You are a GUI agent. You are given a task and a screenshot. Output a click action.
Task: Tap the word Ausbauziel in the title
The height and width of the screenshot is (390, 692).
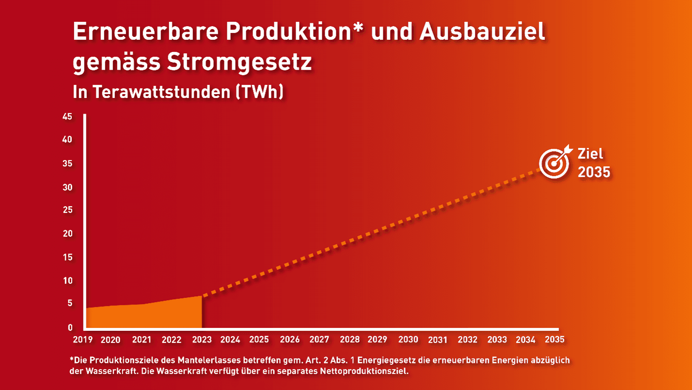483,32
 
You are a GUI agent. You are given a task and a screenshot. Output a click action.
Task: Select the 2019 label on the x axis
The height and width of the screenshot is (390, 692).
83,340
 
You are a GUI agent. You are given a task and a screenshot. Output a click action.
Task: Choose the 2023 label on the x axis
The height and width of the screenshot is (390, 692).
202,340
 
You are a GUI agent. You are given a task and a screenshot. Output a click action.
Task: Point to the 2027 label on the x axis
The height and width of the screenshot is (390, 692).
319,340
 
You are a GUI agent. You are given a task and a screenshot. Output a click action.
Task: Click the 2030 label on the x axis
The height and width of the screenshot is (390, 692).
408,340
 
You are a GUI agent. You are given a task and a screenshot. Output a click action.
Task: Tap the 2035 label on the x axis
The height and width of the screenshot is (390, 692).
555,340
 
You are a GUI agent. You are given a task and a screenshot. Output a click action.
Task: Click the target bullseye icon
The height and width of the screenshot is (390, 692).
553,164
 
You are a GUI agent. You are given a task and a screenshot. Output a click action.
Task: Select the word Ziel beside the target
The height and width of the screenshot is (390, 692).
590,154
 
